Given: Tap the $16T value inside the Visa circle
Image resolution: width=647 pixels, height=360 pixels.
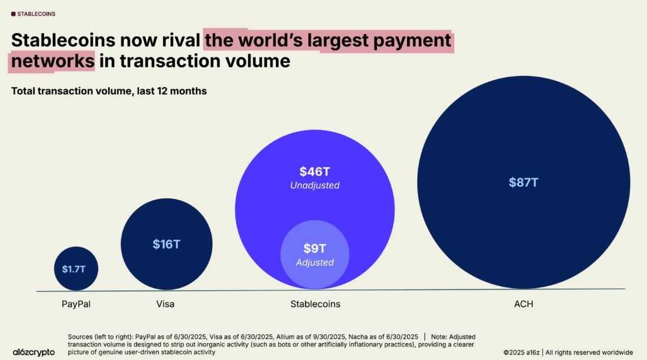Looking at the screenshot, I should (166, 244).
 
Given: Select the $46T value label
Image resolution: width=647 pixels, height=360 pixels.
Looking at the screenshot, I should (315, 172).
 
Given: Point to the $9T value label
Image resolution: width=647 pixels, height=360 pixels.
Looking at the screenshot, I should (315, 249).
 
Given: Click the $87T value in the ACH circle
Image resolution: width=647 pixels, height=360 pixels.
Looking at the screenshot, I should (523, 182).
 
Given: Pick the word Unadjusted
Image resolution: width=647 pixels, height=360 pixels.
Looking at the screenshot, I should (315, 185).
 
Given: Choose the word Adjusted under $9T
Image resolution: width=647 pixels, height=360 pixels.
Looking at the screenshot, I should (315, 262).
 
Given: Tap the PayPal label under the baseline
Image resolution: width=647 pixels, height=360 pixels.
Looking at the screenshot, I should (76, 304).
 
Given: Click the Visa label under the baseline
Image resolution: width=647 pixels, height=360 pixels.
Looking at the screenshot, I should (165, 304).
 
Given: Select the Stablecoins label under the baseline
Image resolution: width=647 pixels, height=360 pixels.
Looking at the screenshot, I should (315, 304).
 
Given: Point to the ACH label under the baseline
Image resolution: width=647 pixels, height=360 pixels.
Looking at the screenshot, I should (523, 304).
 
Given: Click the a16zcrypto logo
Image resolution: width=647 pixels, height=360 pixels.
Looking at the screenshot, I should (34, 352).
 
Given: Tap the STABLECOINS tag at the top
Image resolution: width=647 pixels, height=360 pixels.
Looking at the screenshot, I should (37, 14).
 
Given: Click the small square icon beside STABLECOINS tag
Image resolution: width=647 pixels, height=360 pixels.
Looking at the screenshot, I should (14, 14).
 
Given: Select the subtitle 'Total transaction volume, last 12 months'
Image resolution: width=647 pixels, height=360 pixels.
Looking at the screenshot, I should (109, 91).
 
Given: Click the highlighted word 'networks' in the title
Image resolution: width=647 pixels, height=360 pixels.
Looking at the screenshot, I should (52, 61).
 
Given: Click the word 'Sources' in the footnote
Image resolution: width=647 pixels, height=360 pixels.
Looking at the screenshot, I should (84, 336).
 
